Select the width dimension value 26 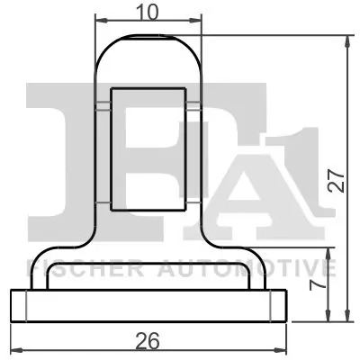pos(148,340)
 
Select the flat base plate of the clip pos(148,305)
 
